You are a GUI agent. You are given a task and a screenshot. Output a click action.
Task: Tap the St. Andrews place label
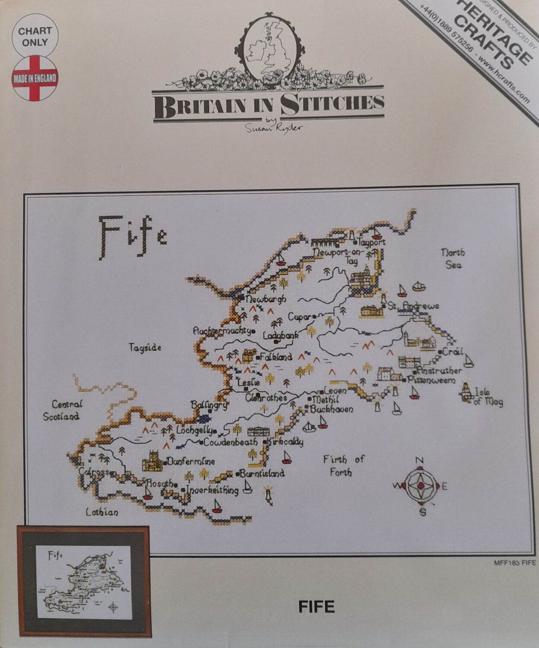tap(413, 306)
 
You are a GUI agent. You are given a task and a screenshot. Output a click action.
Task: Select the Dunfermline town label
tap(191, 461)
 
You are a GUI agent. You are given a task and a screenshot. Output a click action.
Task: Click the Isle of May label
tap(488, 397)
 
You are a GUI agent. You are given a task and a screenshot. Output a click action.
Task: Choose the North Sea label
tap(453, 258)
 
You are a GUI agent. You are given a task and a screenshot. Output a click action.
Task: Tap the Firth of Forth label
tap(344, 465)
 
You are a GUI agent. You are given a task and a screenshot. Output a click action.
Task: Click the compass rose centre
tap(419, 486)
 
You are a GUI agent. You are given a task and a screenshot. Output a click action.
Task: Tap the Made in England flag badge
tap(35, 78)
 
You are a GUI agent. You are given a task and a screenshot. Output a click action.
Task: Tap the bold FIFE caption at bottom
tap(316, 607)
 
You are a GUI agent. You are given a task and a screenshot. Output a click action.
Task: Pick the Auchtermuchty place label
tap(222, 331)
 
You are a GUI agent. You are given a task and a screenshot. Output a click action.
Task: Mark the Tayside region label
tap(145, 347)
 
